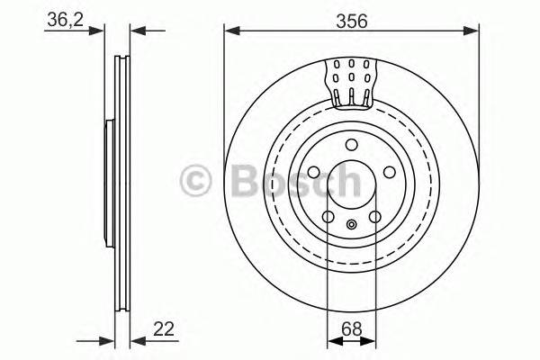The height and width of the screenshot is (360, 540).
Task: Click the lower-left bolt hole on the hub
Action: [327, 217]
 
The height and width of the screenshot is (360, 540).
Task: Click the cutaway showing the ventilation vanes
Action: [351, 81]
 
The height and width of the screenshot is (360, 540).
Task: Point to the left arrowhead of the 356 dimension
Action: [229, 31]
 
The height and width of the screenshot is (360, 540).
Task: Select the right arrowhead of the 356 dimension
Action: [472, 31]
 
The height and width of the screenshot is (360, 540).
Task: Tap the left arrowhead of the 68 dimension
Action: [331, 340]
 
